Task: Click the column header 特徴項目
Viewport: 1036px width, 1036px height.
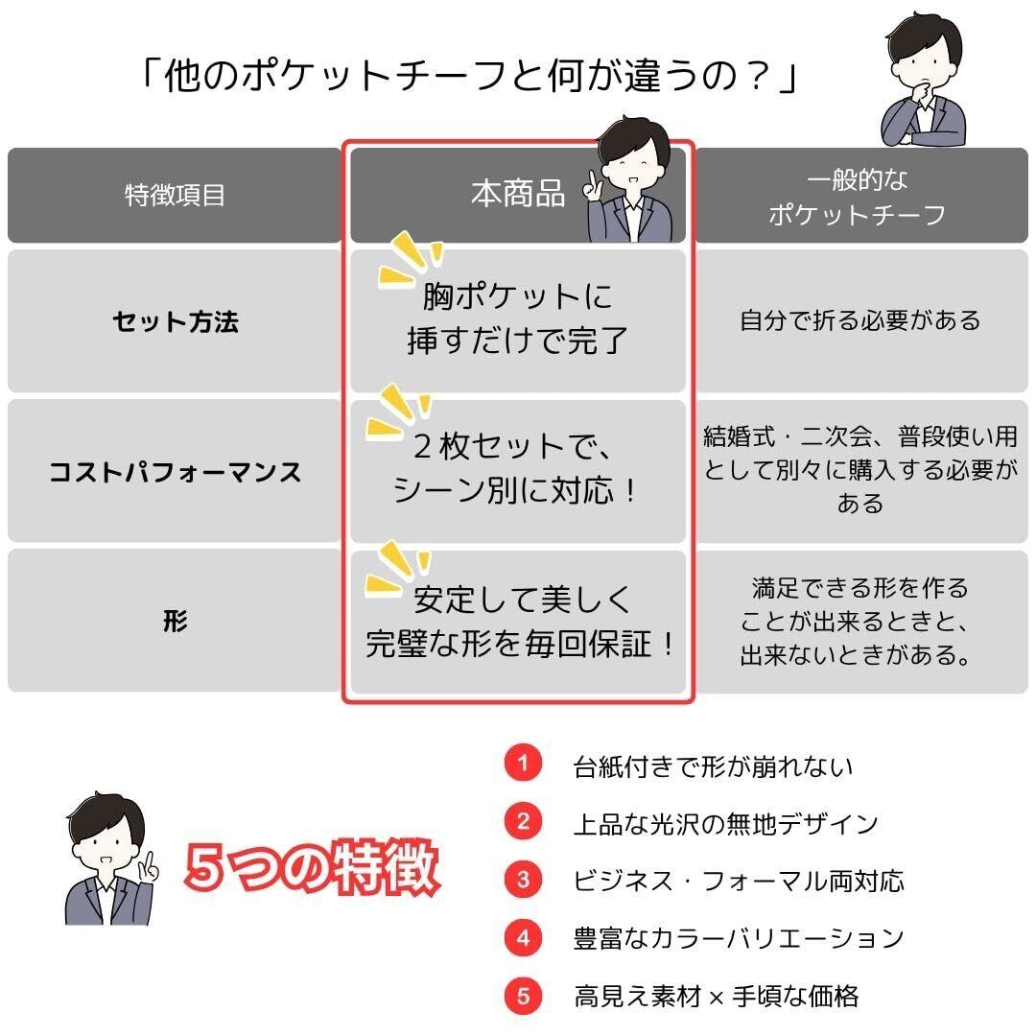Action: (x=175, y=196)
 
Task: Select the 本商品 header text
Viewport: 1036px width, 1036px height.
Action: (x=517, y=194)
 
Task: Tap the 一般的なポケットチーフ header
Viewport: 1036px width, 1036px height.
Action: (x=859, y=197)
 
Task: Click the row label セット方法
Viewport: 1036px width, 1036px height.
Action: (x=175, y=321)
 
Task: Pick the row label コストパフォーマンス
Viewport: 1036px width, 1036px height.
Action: (x=175, y=472)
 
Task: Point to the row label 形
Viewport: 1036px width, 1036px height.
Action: (x=175, y=622)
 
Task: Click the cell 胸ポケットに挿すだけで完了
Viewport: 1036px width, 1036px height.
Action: (x=517, y=318)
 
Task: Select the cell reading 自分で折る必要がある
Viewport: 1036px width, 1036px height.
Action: (x=859, y=320)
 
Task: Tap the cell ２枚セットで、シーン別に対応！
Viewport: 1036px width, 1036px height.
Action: (x=517, y=468)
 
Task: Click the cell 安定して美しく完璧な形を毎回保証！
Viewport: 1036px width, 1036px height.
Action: (x=519, y=622)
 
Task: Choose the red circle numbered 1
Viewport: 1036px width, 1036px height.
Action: (x=523, y=765)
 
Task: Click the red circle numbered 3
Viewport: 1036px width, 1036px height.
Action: (x=523, y=880)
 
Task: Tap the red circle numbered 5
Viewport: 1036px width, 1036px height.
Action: (x=523, y=996)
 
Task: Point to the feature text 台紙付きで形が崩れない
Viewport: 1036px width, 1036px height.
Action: (x=712, y=766)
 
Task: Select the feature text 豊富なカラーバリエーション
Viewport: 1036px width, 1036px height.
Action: (x=738, y=938)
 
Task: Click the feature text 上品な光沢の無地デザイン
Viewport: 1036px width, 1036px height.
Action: (x=725, y=824)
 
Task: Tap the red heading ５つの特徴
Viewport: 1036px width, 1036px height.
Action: (x=312, y=868)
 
